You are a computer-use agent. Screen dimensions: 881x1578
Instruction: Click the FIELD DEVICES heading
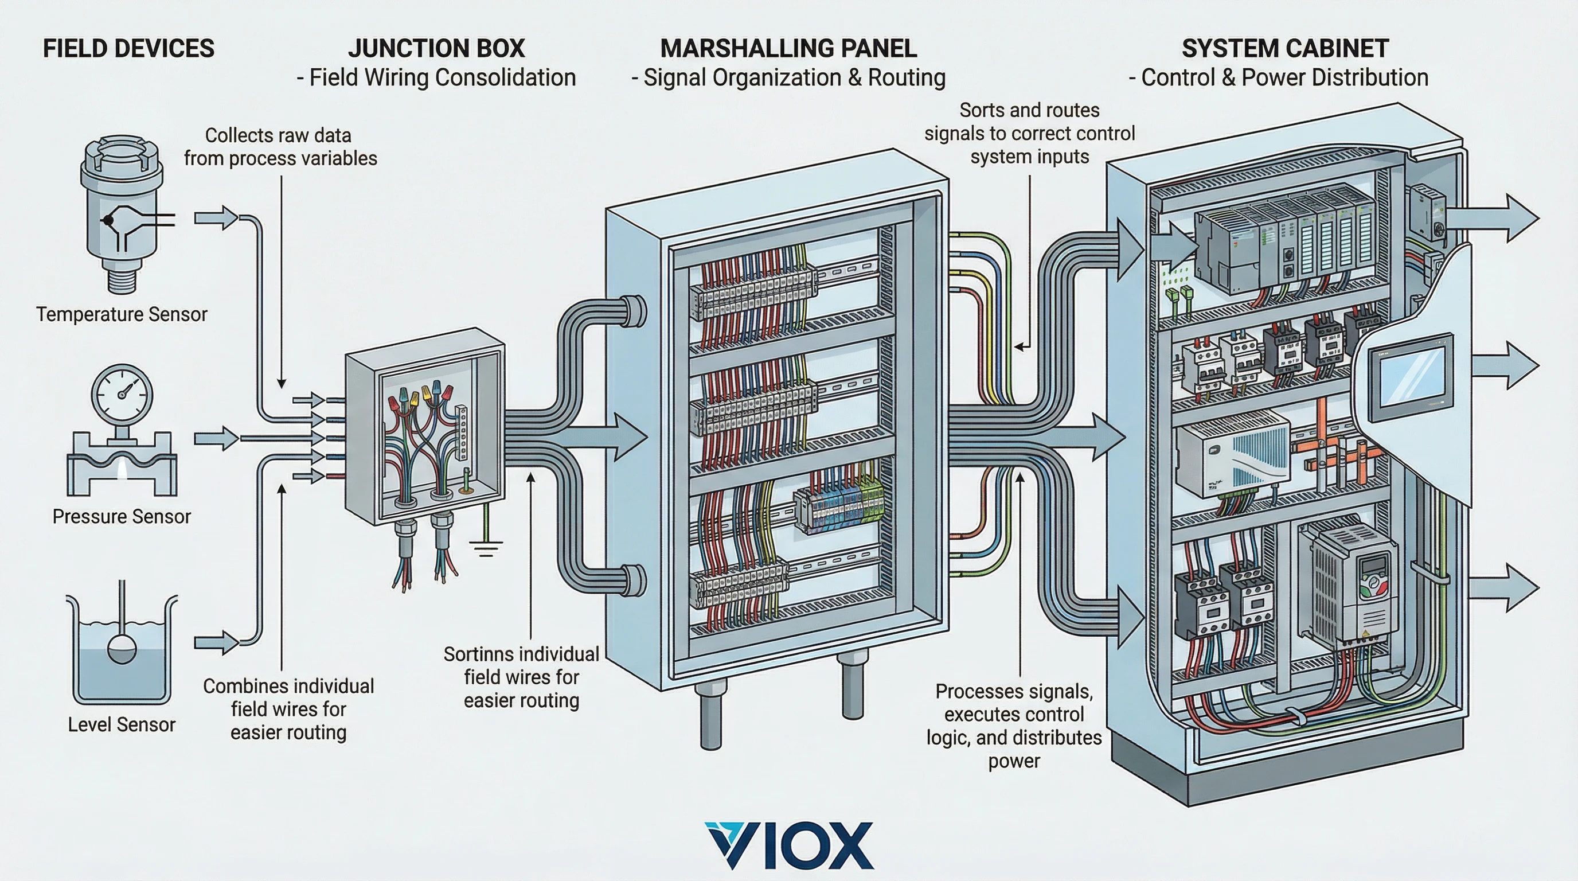coord(128,48)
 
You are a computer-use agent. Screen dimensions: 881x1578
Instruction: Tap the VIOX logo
coord(788,845)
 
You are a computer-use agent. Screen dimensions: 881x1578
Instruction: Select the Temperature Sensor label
coord(122,314)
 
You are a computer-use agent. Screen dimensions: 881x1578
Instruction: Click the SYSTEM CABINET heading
coord(1284,48)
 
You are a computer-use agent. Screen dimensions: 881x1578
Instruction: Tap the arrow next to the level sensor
coord(216,642)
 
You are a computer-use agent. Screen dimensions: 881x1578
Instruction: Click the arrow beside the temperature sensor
coord(216,218)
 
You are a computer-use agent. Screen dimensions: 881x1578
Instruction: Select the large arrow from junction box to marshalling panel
coord(603,436)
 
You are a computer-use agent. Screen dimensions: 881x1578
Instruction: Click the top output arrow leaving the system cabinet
coord(1495,219)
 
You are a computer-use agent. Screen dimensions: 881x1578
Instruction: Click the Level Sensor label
coord(122,725)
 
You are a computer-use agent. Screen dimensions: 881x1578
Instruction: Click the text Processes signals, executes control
coord(1014,703)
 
